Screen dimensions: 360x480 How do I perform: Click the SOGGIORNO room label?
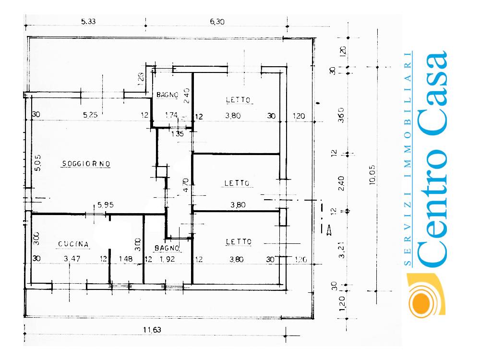click(x=86, y=164)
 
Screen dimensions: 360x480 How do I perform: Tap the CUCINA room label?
click(x=73, y=244)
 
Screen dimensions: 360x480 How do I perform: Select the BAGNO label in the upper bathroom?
click(x=168, y=95)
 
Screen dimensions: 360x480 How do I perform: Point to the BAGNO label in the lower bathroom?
click(x=167, y=248)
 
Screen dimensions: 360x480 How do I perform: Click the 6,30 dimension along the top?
click(x=217, y=21)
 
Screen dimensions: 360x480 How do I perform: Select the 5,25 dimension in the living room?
click(x=90, y=115)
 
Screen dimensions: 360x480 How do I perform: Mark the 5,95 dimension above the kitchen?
click(x=105, y=205)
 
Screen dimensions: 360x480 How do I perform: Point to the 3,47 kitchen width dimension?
click(x=73, y=259)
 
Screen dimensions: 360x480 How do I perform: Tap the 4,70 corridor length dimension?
click(x=186, y=185)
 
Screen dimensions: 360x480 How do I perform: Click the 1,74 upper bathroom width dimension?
click(x=171, y=115)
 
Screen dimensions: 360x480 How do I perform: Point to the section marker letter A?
click(x=329, y=231)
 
